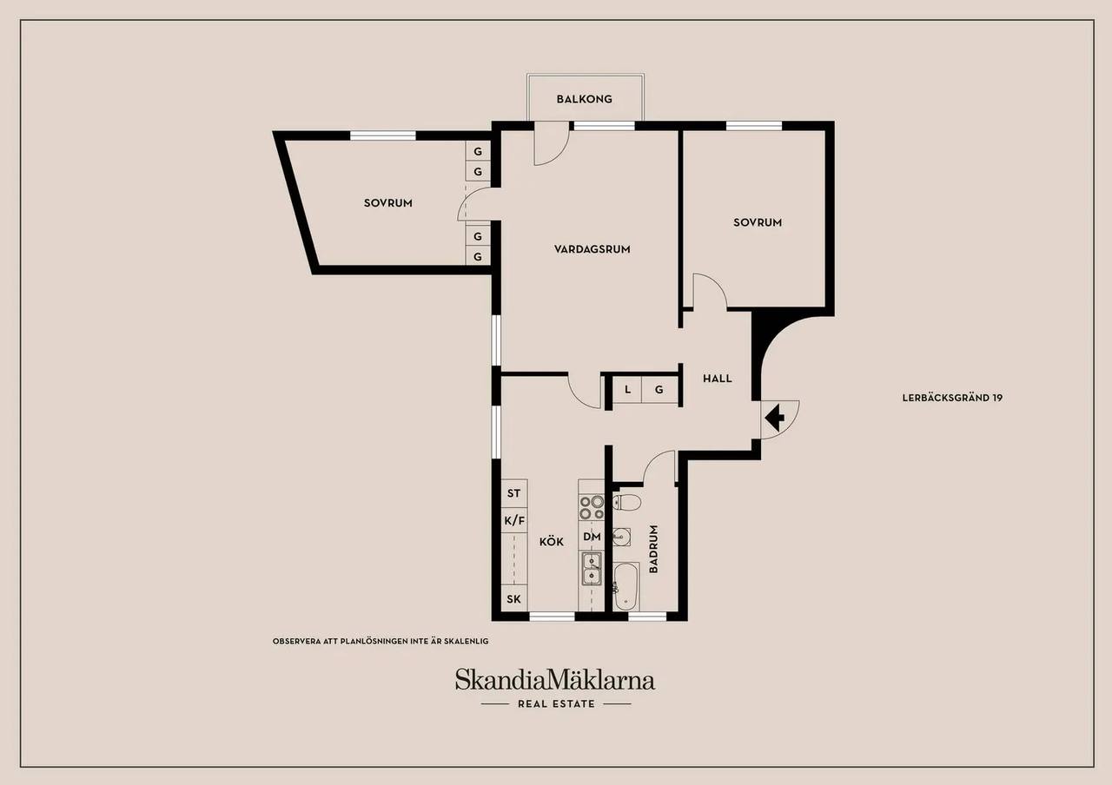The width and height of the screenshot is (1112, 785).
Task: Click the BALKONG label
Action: (x=584, y=99)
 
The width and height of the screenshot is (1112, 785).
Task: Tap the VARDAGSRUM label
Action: (x=592, y=249)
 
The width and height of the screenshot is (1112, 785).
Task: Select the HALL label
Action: (x=718, y=379)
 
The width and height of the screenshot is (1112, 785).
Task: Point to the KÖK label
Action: (x=552, y=541)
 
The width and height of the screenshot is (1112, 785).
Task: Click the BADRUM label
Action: (x=653, y=549)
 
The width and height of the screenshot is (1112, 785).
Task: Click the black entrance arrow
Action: (x=774, y=418)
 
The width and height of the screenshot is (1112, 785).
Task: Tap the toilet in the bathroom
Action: (x=626, y=502)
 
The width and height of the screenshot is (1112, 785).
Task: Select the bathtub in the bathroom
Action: (x=626, y=586)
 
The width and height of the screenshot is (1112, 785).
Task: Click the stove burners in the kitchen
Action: (x=592, y=508)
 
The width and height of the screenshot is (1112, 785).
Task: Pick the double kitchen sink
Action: (x=592, y=569)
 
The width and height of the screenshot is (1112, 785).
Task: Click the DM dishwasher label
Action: (x=592, y=537)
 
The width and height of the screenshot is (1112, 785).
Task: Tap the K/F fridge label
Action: (x=514, y=520)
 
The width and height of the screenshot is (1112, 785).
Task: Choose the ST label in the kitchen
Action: (x=513, y=493)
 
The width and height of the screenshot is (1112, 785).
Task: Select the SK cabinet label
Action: (x=513, y=599)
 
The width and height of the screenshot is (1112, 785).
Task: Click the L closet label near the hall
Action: (x=627, y=390)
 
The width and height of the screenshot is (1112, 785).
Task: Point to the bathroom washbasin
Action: (x=621, y=537)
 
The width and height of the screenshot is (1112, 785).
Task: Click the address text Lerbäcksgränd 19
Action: (x=952, y=398)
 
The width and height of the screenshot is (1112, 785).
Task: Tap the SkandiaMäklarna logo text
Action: (x=555, y=680)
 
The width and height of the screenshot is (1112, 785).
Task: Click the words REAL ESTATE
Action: (x=556, y=703)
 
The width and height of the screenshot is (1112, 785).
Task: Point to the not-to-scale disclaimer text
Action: (x=381, y=641)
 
